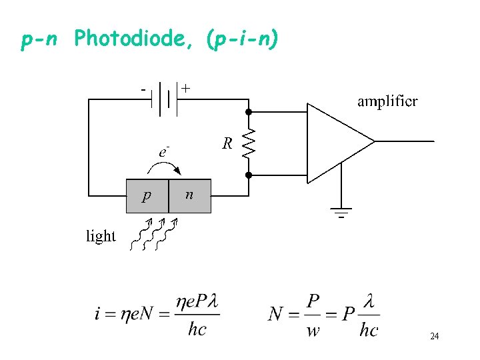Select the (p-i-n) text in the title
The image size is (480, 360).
[x=243, y=41]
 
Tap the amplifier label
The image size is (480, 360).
[x=387, y=101]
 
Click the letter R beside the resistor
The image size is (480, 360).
[x=227, y=143]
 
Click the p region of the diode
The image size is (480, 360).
[x=147, y=196]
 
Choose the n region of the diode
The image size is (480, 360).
[x=189, y=195]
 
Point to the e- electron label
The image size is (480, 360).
[x=163, y=151]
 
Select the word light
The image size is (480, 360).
[x=101, y=236]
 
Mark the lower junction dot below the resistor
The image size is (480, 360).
[x=249, y=175]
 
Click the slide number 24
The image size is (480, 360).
[x=434, y=337]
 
